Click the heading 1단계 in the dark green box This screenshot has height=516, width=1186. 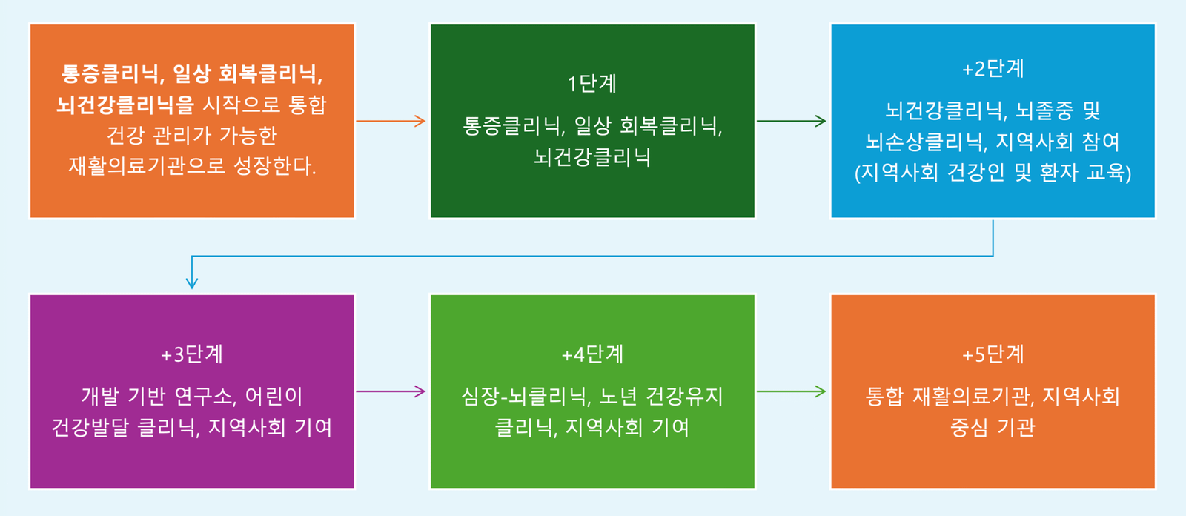[592, 84]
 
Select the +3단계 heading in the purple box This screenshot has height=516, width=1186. [192, 354]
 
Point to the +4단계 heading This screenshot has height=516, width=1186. [592, 354]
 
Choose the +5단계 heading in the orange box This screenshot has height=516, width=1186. [993, 354]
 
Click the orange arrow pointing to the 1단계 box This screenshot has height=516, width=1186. [391, 121]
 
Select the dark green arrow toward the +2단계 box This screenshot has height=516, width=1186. [792, 121]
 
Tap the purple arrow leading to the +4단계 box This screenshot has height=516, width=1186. [391, 391]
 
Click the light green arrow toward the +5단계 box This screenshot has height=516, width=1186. [792, 391]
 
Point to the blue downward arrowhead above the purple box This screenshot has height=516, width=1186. [192, 282]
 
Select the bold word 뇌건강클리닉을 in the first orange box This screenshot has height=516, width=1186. [125, 105]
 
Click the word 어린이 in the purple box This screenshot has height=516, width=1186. [274, 397]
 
